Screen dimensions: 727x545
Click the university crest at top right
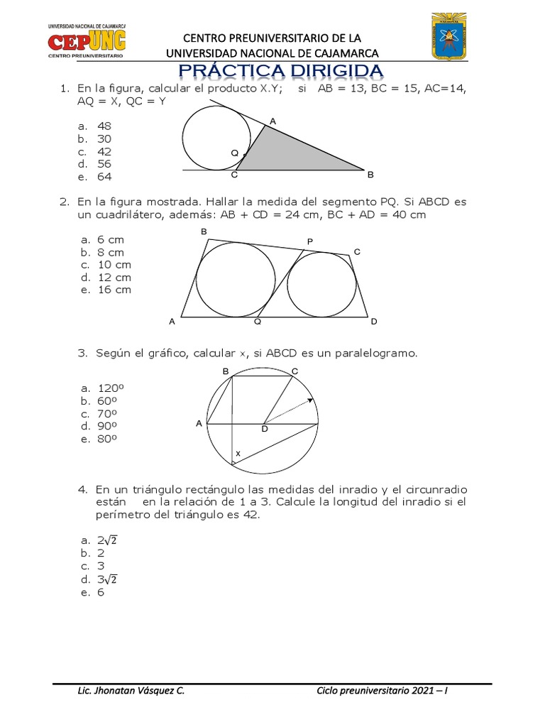click(x=450, y=38)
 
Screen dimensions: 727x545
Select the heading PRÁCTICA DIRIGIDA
click(x=281, y=71)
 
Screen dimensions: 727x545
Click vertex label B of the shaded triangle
click(x=370, y=174)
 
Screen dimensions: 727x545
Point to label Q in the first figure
click(x=235, y=153)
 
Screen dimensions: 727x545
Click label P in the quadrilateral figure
click(x=310, y=243)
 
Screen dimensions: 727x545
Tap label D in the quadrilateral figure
click(x=374, y=322)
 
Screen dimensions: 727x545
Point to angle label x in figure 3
click(x=238, y=453)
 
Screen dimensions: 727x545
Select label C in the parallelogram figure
click(x=294, y=371)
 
